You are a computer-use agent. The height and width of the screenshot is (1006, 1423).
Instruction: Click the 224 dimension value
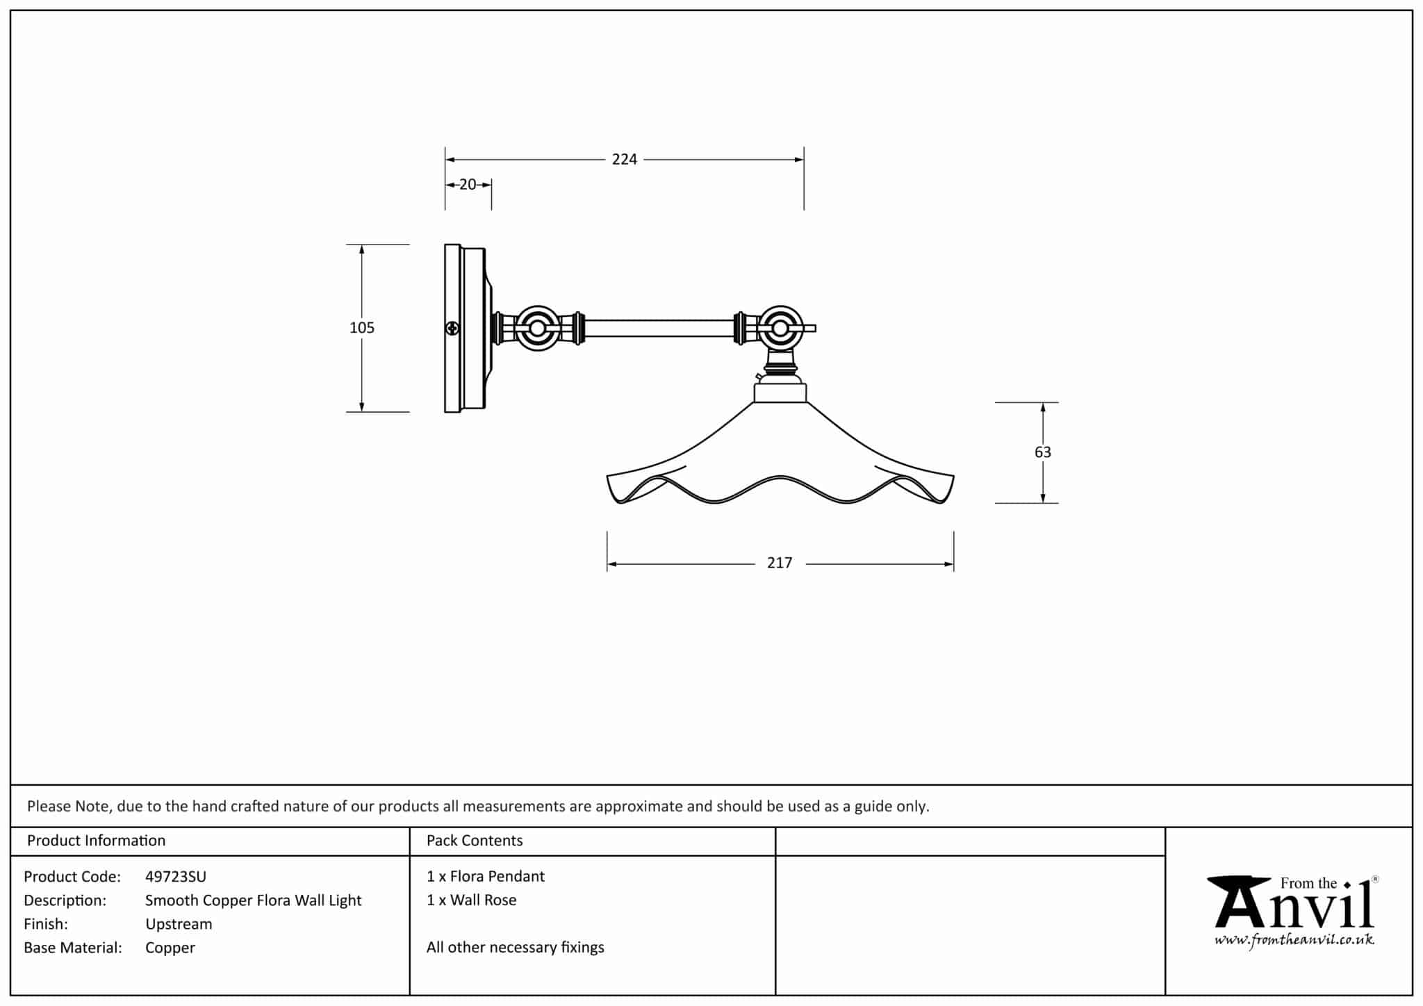[x=624, y=160]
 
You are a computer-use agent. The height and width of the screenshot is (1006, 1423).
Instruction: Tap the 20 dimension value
[x=468, y=185]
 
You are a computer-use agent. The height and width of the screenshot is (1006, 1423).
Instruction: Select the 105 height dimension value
[x=362, y=328]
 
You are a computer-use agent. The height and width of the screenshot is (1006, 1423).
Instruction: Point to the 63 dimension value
[x=1042, y=452]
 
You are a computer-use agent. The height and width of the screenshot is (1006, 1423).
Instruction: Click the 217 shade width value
[x=780, y=563]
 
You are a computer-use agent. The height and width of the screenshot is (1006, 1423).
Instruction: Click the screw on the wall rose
[x=452, y=328]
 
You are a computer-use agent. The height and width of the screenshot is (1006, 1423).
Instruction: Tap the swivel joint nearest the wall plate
[x=537, y=328]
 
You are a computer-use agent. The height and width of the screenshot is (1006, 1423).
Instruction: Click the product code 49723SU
[x=175, y=877]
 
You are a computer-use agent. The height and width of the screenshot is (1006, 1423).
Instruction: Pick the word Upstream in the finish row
[x=179, y=924]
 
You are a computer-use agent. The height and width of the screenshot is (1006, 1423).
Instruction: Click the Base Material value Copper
[x=170, y=948]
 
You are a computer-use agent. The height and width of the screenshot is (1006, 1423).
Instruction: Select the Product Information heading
[x=96, y=841]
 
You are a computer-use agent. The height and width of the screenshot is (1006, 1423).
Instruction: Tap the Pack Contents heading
[x=475, y=841]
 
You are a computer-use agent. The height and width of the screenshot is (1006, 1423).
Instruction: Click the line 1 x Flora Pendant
[x=486, y=877]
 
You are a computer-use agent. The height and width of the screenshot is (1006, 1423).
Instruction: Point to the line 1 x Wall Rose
[x=472, y=900]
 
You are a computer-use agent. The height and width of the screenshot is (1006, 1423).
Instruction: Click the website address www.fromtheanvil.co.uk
[x=1294, y=941]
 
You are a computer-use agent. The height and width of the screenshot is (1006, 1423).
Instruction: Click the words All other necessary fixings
[x=516, y=948]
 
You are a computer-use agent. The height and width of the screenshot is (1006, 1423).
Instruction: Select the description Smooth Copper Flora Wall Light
[x=253, y=900]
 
